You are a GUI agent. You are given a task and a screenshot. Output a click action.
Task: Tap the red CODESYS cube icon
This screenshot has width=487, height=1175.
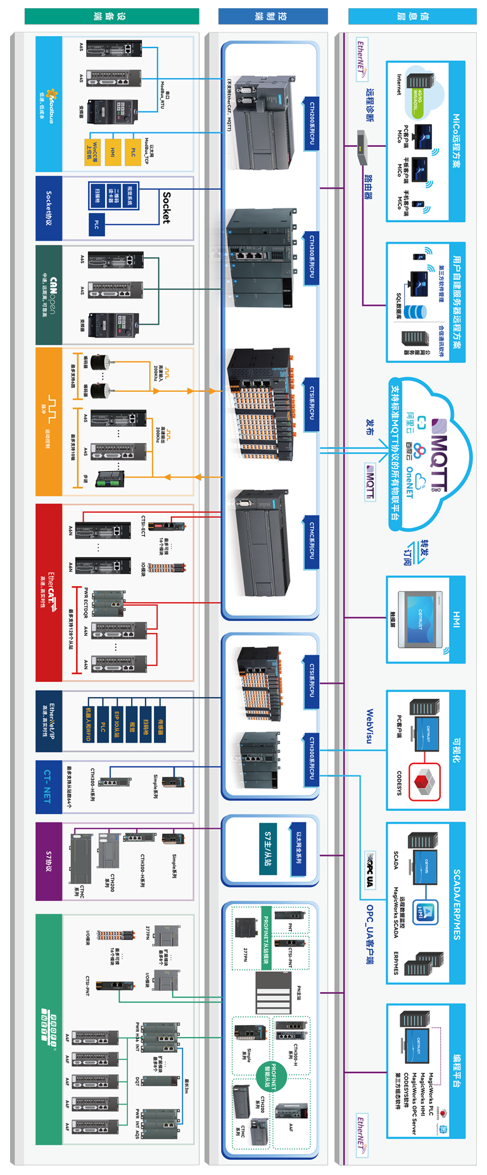tap(424, 781)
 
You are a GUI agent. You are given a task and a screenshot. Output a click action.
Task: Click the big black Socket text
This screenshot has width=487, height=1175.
tap(166, 208)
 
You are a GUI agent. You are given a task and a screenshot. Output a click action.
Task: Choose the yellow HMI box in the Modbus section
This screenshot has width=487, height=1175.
tap(113, 152)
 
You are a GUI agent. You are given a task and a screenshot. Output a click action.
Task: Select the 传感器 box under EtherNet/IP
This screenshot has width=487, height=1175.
tap(160, 724)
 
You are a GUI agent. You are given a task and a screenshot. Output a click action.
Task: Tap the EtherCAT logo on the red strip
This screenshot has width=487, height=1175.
tap(51, 592)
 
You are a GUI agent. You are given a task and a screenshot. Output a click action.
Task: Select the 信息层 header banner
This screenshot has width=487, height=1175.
tap(412, 16)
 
